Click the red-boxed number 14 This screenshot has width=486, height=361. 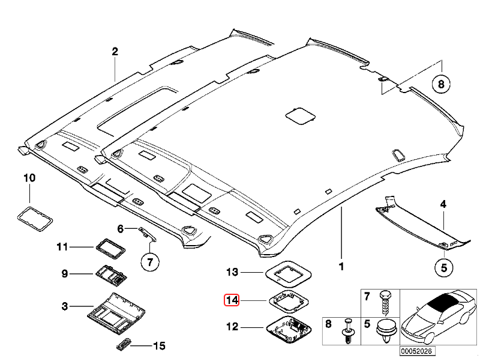[x=232, y=300]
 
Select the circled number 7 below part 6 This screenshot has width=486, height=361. [x=151, y=262]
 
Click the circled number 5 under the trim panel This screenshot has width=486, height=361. [x=443, y=268]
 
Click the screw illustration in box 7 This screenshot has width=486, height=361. [x=384, y=303]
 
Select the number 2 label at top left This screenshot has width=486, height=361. [x=115, y=52]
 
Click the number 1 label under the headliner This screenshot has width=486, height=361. [x=341, y=265]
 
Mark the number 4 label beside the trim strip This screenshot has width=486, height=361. [x=443, y=205]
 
